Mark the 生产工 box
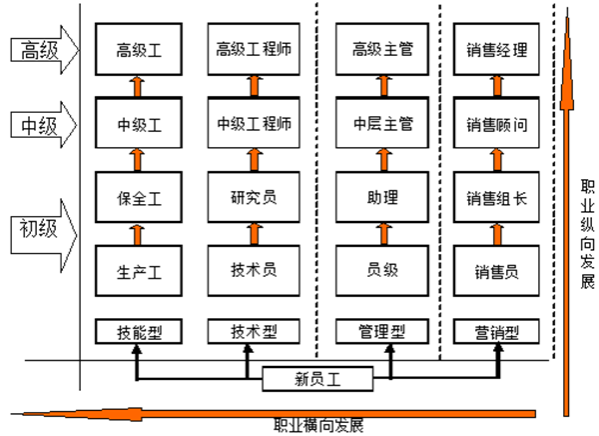pos(138,270)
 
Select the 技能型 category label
pos(138,329)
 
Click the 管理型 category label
pos(374,329)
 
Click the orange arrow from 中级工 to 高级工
pos(138,86)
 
